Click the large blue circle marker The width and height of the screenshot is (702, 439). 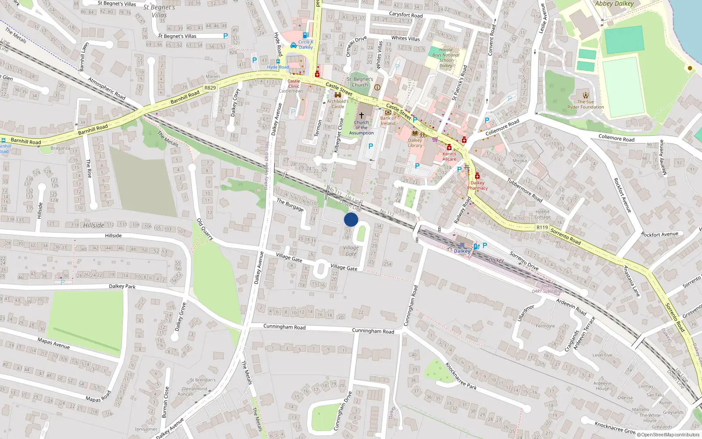pyautogui.click(x=351, y=219)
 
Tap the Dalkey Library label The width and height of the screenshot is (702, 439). pyautogui.click(x=415, y=143)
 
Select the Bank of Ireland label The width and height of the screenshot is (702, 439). pyautogui.click(x=388, y=121)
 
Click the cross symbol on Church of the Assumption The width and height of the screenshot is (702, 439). pyautogui.click(x=362, y=115)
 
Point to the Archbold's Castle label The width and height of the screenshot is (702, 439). pyautogui.click(x=338, y=104)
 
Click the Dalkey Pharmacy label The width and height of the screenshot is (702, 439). pyautogui.click(x=477, y=185)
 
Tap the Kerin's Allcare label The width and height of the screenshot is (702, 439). pyautogui.click(x=449, y=156)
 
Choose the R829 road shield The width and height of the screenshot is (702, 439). pyautogui.click(x=210, y=88)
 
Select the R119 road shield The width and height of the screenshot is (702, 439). pyautogui.click(x=542, y=227)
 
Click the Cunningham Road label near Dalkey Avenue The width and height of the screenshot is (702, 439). pyautogui.click(x=284, y=327)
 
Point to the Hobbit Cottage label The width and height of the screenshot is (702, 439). pyautogui.click(x=543, y=214)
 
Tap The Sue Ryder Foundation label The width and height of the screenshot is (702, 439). pyautogui.click(x=586, y=104)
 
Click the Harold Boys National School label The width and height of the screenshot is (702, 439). pyautogui.click(x=446, y=58)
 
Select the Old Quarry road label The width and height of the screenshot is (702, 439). pyautogui.click(x=205, y=229)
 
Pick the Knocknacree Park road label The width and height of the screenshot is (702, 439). pyautogui.click(x=461, y=376)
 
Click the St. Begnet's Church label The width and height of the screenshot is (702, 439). pyautogui.click(x=360, y=82)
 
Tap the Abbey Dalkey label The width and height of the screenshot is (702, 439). pyautogui.click(x=614, y=4)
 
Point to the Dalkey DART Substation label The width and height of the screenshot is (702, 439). pyautogui.click(x=548, y=289)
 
